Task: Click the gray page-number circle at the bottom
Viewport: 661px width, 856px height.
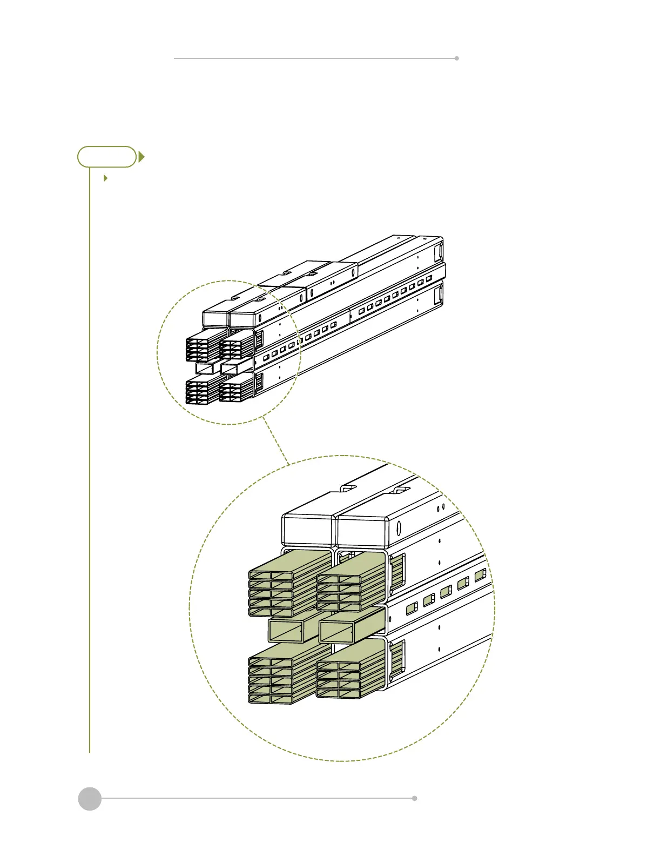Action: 90,798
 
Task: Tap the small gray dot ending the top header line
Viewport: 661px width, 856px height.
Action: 457,58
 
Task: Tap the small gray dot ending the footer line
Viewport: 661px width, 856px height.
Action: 414,798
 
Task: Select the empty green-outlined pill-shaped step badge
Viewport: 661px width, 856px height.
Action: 107,157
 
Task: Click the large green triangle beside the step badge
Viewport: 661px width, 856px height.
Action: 141,157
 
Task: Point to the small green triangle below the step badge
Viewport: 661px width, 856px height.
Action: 106,178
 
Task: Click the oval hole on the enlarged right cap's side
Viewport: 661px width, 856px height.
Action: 399,528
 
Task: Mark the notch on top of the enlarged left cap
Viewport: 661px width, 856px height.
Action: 349,488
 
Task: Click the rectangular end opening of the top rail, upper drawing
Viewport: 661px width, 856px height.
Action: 440,251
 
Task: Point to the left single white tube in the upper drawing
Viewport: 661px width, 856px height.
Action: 205,368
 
